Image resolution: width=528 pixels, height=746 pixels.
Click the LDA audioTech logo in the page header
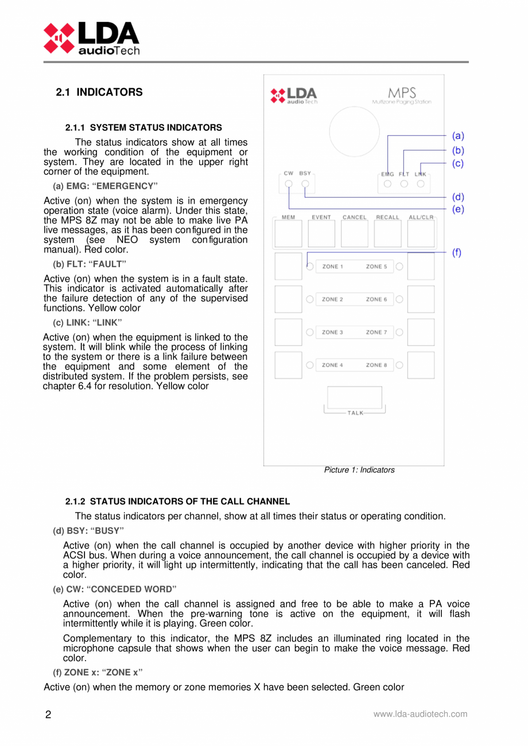click(91, 38)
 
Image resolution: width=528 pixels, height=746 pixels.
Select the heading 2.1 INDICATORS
click(99, 92)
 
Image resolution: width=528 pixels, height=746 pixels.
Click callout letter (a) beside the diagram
click(457, 136)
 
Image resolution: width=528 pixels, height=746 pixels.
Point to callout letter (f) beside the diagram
click(457, 252)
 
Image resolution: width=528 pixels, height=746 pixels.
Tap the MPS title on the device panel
click(401, 93)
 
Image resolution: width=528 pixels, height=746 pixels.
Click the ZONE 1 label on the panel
click(332, 267)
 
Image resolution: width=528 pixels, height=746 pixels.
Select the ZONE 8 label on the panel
click(376, 365)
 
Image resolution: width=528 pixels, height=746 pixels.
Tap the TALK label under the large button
click(355, 413)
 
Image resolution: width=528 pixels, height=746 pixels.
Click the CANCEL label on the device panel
click(354, 217)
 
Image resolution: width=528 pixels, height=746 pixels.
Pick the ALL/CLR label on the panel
click(421, 217)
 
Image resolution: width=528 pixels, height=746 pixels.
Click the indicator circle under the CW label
click(289, 184)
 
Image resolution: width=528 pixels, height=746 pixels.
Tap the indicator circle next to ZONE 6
click(399, 299)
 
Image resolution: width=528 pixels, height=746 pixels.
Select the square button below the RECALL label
click(388, 235)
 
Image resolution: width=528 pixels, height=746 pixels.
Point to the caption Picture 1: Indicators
click(359, 470)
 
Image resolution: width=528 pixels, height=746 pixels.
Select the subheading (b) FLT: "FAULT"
click(89, 264)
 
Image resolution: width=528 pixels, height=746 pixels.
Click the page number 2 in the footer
click(48, 715)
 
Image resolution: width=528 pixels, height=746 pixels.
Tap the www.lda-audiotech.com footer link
click(420, 714)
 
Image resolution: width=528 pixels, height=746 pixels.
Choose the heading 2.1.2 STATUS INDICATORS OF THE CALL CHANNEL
click(177, 501)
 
